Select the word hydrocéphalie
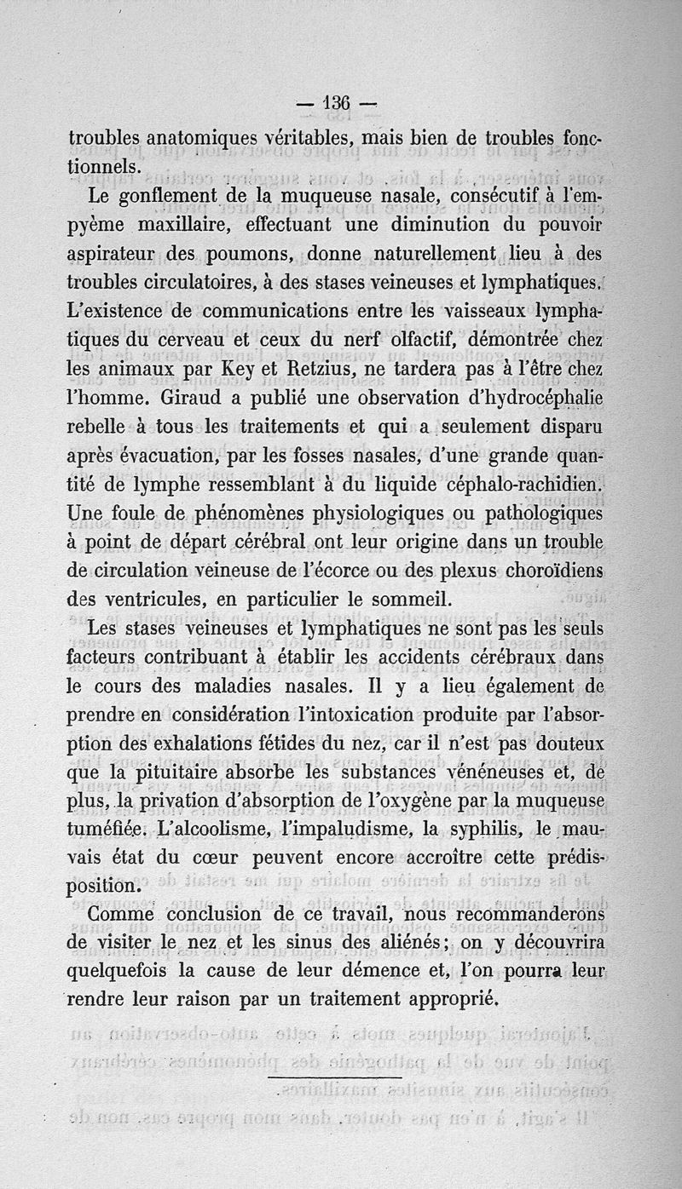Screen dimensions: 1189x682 (x=536, y=399)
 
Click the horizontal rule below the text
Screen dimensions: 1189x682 (x=334, y=1077)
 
